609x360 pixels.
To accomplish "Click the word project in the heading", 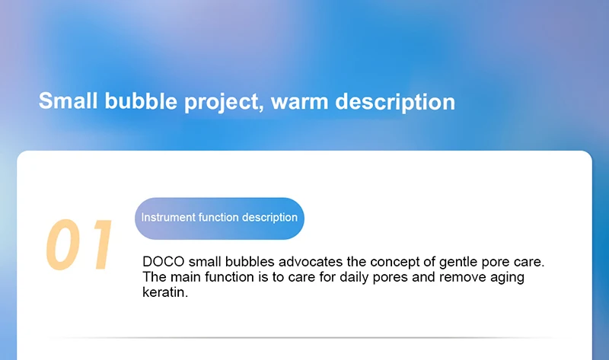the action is pyautogui.click(x=222, y=103).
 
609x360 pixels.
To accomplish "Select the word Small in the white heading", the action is pyautogui.click(x=68, y=100).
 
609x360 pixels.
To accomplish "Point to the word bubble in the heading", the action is pyautogui.click(x=141, y=100).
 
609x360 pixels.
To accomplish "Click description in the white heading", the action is pyautogui.click(x=395, y=102).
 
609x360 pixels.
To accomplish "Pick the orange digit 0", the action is pyautogui.click(x=63, y=244).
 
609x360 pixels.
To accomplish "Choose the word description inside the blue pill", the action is pyautogui.click(x=269, y=218).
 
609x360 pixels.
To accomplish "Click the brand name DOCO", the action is pyautogui.click(x=164, y=262).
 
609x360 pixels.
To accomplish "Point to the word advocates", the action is pyautogui.click(x=311, y=262).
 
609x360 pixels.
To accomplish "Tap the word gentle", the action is pyautogui.click(x=458, y=263).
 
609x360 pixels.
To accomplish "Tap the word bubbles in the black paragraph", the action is pyautogui.click(x=250, y=262).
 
